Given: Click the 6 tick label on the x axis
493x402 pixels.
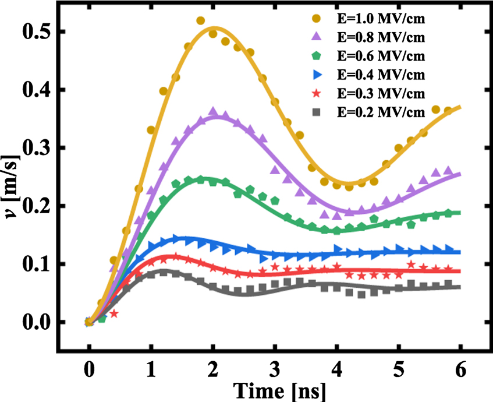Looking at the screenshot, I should pos(460,371).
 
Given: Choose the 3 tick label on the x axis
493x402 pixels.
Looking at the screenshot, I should pos(275,371).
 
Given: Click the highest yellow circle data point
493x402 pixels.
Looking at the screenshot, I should pos(201,21).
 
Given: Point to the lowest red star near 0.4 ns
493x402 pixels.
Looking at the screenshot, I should pos(114,314).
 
